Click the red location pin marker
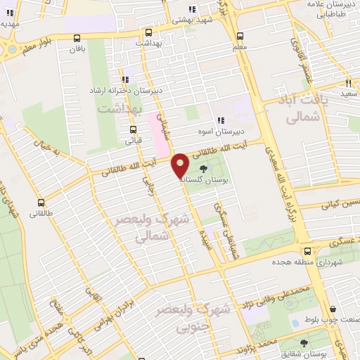click(181, 165)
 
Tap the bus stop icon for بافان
click(77, 38)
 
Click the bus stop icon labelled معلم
click(240, 36)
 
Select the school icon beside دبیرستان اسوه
click(220, 120)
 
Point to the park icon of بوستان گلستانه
click(204, 169)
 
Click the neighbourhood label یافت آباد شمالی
click(304, 110)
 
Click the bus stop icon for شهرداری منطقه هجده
click(307, 251)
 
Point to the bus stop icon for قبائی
click(133, 129)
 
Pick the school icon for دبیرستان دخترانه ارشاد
click(126, 80)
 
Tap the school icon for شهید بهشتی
click(192, 10)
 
